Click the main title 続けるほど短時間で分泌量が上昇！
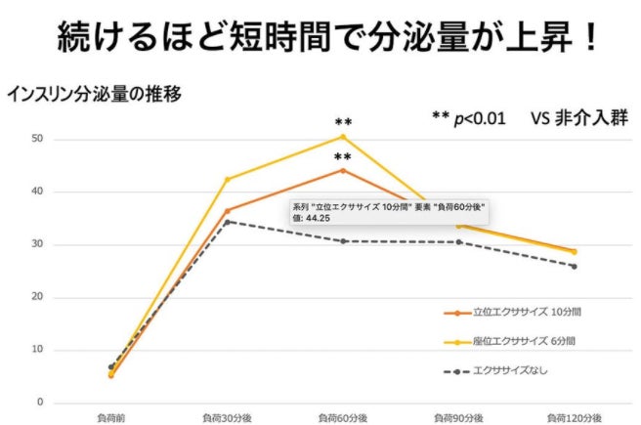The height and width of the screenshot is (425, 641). (x=320, y=39)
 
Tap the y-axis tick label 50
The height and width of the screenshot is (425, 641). (x=38, y=139)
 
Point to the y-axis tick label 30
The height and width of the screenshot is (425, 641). (x=38, y=244)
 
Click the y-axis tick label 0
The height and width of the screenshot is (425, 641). (x=41, y=403)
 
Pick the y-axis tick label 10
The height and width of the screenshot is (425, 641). (x=38, y=350)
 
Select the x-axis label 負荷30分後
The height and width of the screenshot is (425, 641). (x=227, y=417)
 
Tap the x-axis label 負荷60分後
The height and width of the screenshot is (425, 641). (x=343, y=417)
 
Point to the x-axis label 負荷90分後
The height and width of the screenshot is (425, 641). (x=458, y=417)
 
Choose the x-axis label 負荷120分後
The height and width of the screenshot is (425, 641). (x=573, y=417)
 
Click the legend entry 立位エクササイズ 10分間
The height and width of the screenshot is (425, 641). (x=518, y=313)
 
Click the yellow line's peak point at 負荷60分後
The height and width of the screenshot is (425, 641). (x=343, y=137)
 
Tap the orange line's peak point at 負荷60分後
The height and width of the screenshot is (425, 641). (x=343, y=170)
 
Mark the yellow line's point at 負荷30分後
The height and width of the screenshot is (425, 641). (x=228, y=179)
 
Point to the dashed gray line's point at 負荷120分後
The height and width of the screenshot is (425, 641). (x=574, y=266)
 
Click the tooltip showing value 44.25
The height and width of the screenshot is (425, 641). (x=389, y=212)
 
